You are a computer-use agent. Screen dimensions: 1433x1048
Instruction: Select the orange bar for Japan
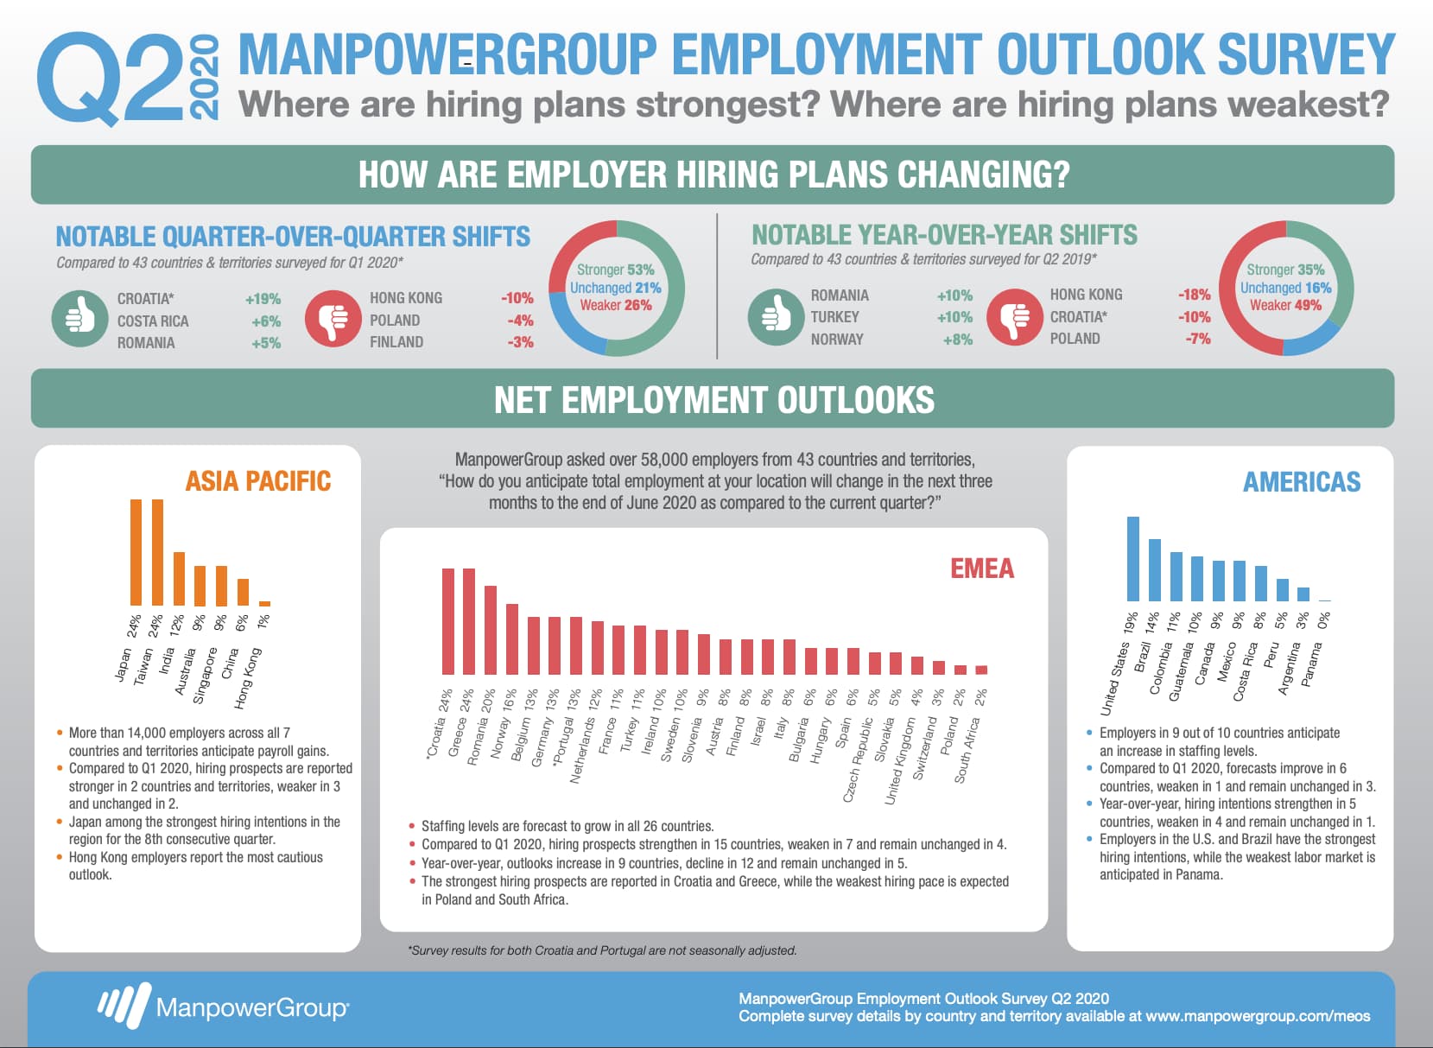click(136, 552)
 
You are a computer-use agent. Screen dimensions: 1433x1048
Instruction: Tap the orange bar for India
click(179, 579)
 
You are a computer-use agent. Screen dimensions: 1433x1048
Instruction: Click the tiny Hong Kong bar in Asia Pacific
click(264, 603)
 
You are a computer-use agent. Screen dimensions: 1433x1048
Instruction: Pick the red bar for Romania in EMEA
click(490, 630)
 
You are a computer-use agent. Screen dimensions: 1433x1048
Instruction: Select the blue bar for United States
click(1133, 558)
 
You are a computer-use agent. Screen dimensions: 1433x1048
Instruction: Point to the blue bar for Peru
click(1282, 590)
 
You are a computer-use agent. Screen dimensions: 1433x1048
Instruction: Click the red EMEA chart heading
click(982, 568)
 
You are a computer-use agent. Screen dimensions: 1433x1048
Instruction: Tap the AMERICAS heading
click(1301, 482)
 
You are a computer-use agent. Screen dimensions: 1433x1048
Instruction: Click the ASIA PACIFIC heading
click(257, 481)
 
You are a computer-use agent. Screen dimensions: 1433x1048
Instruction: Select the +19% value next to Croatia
click(263, 299)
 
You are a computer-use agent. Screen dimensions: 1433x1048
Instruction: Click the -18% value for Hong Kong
click(1194, 295)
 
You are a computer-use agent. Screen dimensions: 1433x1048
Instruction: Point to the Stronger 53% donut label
click(615, 270)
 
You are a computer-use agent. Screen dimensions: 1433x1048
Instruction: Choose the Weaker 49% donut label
click(1286, 305)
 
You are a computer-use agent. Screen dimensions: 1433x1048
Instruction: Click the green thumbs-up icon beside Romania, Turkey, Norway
click(776, 317)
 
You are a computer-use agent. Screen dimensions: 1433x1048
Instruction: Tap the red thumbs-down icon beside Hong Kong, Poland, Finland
click(333, 319)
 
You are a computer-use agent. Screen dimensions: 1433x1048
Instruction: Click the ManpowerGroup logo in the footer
click(223, 1007)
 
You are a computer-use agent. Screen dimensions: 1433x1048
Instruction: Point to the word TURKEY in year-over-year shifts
click(835, 317)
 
